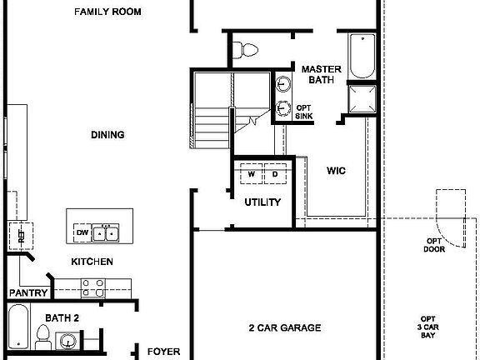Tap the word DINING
tap(108, 134)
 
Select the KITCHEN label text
tap(92, 262)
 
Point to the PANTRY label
tap(27, 293)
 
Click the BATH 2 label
tap(62, 317)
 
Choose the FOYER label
tap(164, 352)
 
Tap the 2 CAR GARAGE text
tap(285, 327)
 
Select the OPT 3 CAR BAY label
tap(427, 327)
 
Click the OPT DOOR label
tap(433, 245)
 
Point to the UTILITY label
tap(262, 202)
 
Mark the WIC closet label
tap(336, 170)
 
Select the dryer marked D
tap(274, 174)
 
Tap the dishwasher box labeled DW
tap(82, 232)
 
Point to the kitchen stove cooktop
tap(93, 287)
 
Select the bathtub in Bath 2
tap(19, 330)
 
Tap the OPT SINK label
tap(303, 112)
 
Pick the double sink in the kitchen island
tap(106, 232)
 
